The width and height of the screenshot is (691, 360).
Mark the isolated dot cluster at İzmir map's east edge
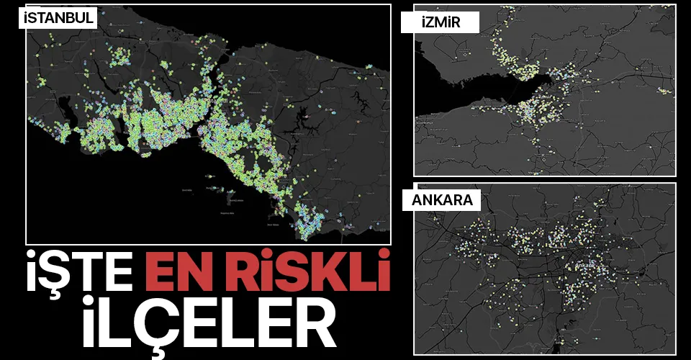pos(664,91)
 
